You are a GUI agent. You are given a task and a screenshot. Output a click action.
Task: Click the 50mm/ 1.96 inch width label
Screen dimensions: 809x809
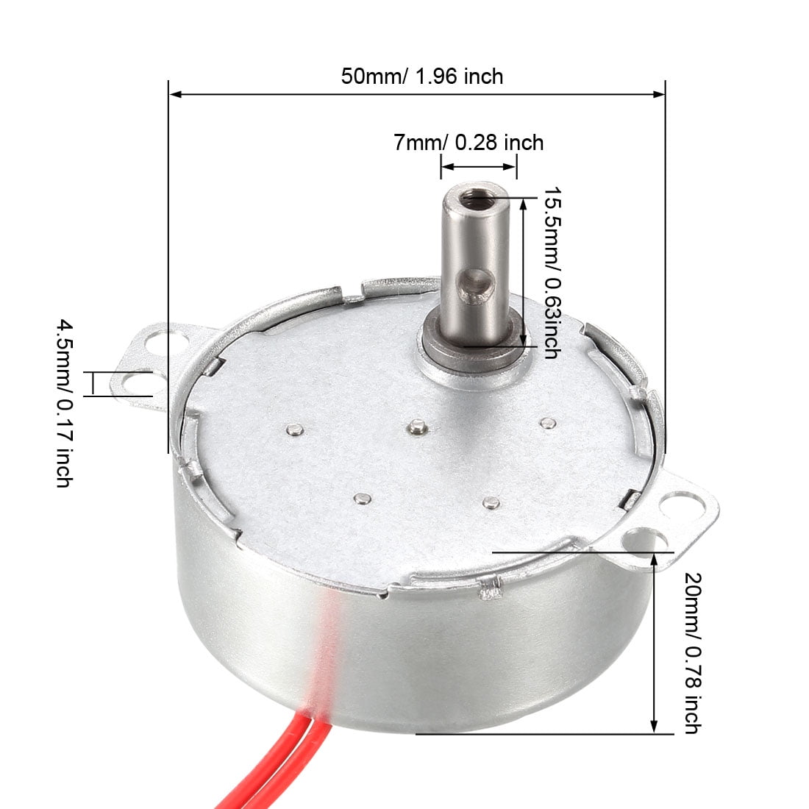422,76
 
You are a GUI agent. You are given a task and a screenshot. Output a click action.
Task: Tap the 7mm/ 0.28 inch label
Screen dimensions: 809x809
468,143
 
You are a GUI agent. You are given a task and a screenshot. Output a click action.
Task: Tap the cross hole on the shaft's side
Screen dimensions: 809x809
477,286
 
